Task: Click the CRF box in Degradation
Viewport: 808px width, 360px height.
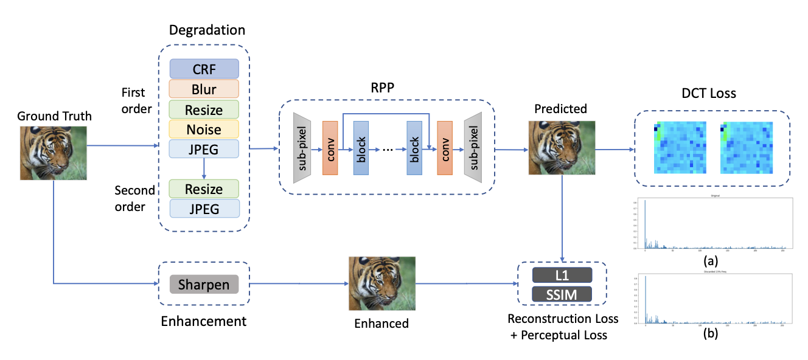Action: click(x=204, y=69)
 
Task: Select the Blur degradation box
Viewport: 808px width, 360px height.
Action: click(x=204, y=89)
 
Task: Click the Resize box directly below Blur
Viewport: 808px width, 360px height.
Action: click(x=204, y=109)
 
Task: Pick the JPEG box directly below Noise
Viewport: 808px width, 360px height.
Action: click(x=204, y=148)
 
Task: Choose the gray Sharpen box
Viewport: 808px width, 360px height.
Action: click(x=204, y=285)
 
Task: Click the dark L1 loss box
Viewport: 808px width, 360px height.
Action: click(x=562, y=275)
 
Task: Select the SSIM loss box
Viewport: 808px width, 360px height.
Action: click(x=562, y=294)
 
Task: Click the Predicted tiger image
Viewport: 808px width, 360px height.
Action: click(x=561, y=148)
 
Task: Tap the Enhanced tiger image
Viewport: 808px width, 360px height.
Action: click(x=381, y=283)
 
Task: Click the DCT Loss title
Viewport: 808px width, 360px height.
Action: click(x=709, y=94)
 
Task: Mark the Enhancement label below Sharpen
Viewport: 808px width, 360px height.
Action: click(x=204, y=320)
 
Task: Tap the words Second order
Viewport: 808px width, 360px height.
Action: click(x=130, y=198)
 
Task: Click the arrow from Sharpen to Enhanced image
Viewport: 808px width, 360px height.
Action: click(x=298, y=284)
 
